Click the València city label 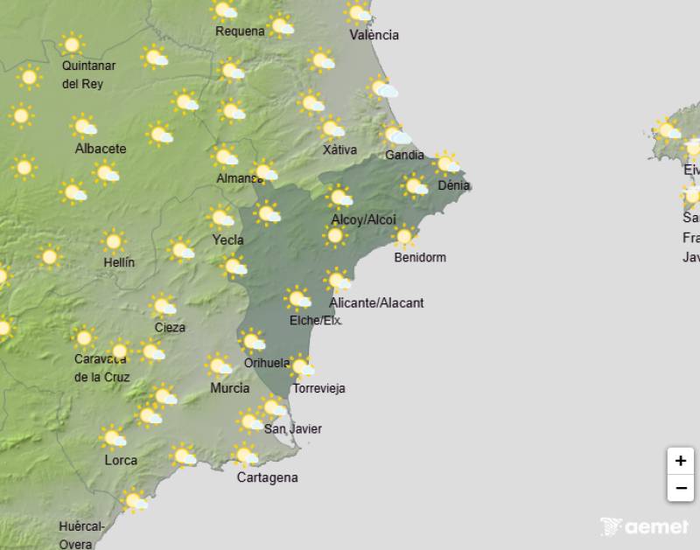(374, 35)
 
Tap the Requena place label (240, 31)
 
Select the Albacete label (101, 149)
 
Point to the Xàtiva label (339, 150)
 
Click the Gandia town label (404, 155)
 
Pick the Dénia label (454, 185)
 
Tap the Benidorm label (420, 257)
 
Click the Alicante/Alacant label (376, 303)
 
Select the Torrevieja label (319, 388)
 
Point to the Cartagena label (268, 477)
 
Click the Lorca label (121, 460)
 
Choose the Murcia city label (230, 388)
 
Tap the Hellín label (119, 262)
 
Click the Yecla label (227, 240)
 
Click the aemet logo (644, 526)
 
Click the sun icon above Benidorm (403, 236)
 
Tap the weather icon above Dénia (447, 163)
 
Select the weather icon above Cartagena (246, 456)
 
